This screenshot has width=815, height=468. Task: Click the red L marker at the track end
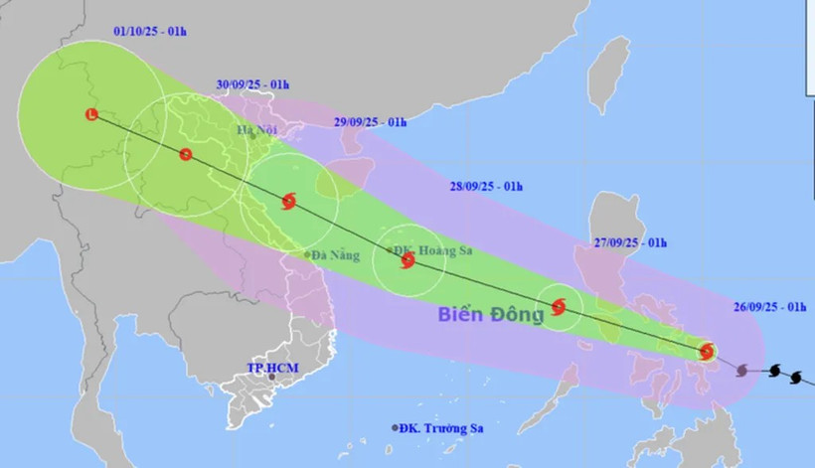91,115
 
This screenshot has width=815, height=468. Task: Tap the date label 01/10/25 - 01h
150,32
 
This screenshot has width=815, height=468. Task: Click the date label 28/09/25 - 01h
486,186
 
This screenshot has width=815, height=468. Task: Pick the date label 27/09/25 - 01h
630,242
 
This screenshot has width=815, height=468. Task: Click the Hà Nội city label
254,129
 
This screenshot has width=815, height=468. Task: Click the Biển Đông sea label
491,315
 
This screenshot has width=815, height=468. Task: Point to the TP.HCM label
272,369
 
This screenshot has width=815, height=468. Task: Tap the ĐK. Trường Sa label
440,428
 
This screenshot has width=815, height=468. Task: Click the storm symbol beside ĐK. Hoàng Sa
407,261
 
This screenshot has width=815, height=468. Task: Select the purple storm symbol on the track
741,371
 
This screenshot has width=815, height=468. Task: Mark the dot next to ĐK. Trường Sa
395,428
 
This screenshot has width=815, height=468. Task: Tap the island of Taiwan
608,75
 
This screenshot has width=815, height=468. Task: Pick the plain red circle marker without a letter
185,154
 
